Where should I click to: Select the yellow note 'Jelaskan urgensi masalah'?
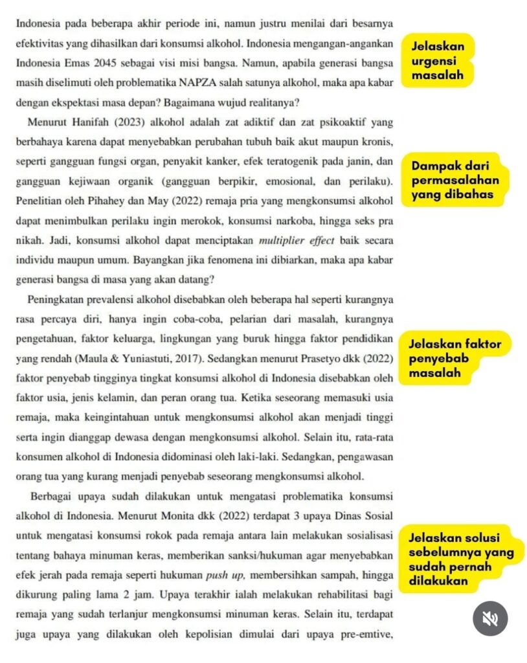[438, 61]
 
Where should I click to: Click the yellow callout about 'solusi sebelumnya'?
[462, 559]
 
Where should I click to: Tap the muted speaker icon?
[490, 618]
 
